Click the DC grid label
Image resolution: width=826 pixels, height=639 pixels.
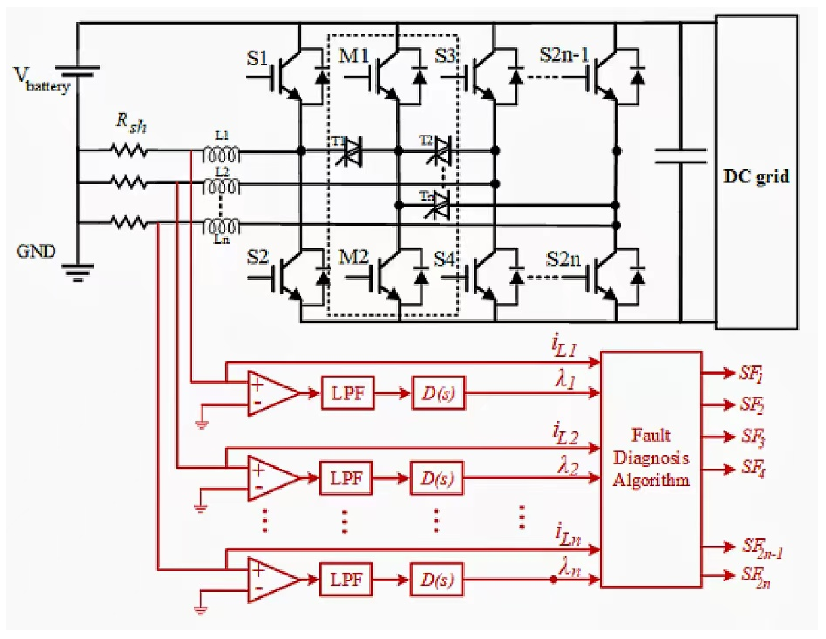tap(756, 177)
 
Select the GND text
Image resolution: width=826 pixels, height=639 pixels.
tap(36, 251)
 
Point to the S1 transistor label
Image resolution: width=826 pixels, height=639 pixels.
tap(257, 58)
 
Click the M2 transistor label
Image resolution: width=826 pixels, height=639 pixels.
tap(353, 257)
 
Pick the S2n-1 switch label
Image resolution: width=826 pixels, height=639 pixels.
tap(564, 55)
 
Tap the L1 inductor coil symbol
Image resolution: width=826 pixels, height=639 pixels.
tap(222, 154)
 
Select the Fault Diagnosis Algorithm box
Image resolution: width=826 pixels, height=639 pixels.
tap(651, 469)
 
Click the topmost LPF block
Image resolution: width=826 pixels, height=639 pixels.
tap(347, 393)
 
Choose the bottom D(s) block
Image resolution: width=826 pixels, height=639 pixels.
tap(437, 579)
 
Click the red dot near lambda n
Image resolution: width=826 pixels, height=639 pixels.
tap(553, 579)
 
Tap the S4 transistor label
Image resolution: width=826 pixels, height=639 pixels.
tap(443, 259)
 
